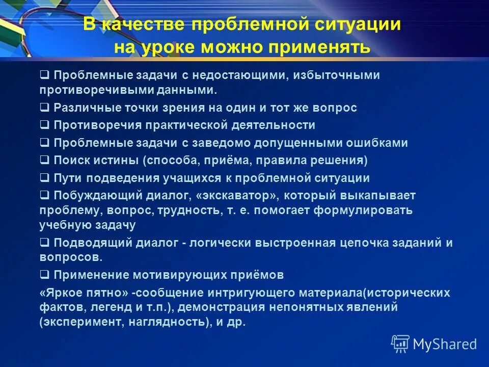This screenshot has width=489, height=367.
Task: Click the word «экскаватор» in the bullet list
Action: pos(239,196)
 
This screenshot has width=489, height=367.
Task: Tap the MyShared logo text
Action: pos(445,344)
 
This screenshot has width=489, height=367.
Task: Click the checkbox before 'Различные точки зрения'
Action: pos(44,108)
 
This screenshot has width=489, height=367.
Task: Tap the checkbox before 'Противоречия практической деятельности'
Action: pos(44,125)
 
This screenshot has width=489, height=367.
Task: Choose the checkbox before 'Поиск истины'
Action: pos(44,160)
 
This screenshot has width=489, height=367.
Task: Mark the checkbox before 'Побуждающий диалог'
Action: pos(44,195)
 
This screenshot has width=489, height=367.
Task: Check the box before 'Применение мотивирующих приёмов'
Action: pos(44,275)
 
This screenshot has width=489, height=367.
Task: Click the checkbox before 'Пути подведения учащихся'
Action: pos(44,178)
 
